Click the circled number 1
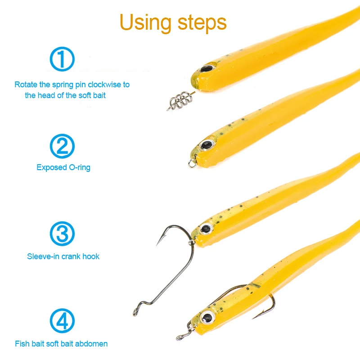[62, 59]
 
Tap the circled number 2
[62, 146]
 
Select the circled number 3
[62, 234]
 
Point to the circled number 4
[62, 321]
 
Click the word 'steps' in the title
[202, 22]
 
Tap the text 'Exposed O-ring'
[63, 167]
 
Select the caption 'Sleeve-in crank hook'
[63, 256]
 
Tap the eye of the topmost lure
[207, 68]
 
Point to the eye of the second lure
[207, 144]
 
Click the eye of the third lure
[206, 229]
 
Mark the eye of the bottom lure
[207, 318]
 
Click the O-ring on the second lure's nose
[193, 163]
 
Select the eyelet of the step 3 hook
[135, 312]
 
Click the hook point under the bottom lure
[254, 318]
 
